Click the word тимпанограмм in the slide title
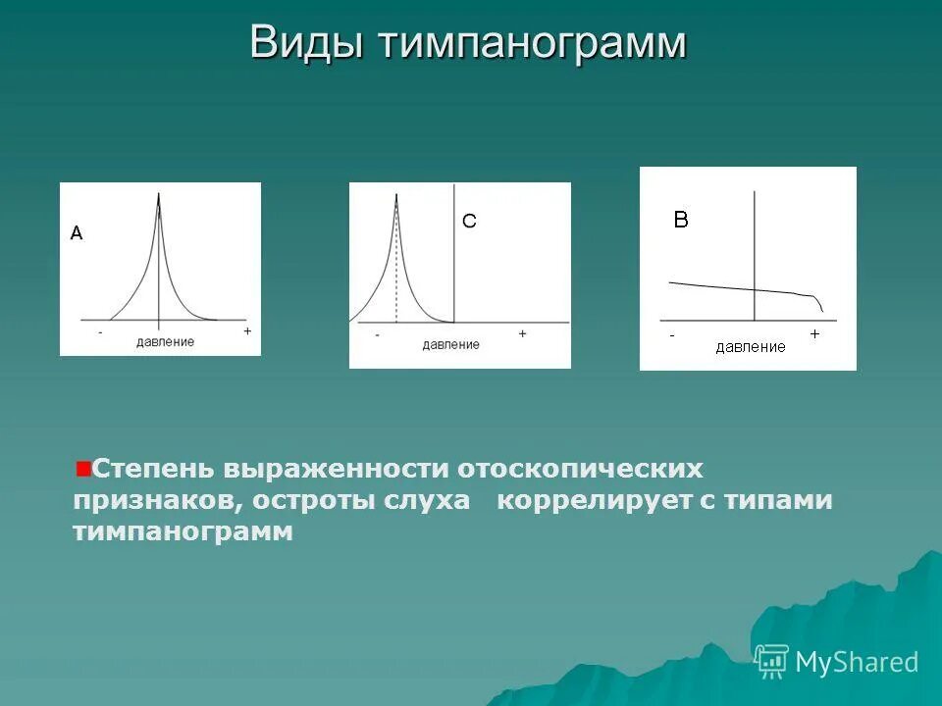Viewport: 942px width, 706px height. (x=530, y=43)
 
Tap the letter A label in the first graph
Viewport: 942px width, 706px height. (x=77, y=233)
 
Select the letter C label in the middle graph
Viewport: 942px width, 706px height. (x=469, y=223)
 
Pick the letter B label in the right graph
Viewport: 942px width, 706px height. (x=681, y=221)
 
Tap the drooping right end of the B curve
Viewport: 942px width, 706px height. (x=819, y=303)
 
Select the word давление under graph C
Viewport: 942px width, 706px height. (x=451, y=344)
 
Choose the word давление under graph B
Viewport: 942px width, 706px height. (x=751, y=347)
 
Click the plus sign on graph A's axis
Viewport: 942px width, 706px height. (x=247, y=331)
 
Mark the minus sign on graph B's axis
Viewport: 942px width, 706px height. (x=672, y=335)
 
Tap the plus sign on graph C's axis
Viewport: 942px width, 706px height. (x=523, y=333)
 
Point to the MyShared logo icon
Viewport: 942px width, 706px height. (x=771, y=662)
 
